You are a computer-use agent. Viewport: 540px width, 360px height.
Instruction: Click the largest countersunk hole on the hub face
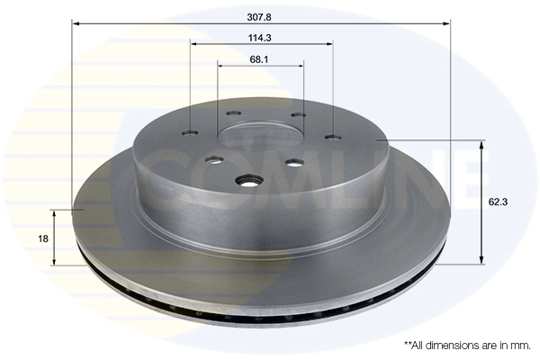coord(247,183)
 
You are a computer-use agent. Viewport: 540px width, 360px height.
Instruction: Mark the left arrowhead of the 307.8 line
coord(76,24)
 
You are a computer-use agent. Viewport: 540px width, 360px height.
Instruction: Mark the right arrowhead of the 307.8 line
coord(447,24)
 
